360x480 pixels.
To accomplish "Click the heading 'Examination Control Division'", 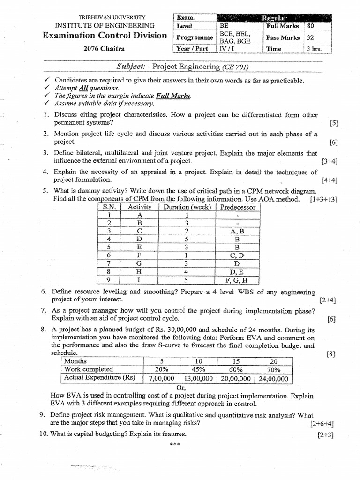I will point(105,36).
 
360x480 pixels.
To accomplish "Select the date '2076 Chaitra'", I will point(105,48).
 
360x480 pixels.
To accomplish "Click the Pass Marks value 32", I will point(310,37).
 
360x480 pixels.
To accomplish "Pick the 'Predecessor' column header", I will point(238,207).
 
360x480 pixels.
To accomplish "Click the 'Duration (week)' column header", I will point(186,207).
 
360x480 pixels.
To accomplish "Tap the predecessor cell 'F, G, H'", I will point(238,280).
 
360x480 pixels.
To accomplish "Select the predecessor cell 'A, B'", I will point(238,231).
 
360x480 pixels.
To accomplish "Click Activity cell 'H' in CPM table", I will point(139,271).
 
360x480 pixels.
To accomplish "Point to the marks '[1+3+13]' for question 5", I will point(323,199).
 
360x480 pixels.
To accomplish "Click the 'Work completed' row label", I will point(88,369).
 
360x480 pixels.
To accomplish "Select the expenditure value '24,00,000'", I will point(273,379).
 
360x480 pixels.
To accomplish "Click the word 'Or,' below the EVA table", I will point(181,388).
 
